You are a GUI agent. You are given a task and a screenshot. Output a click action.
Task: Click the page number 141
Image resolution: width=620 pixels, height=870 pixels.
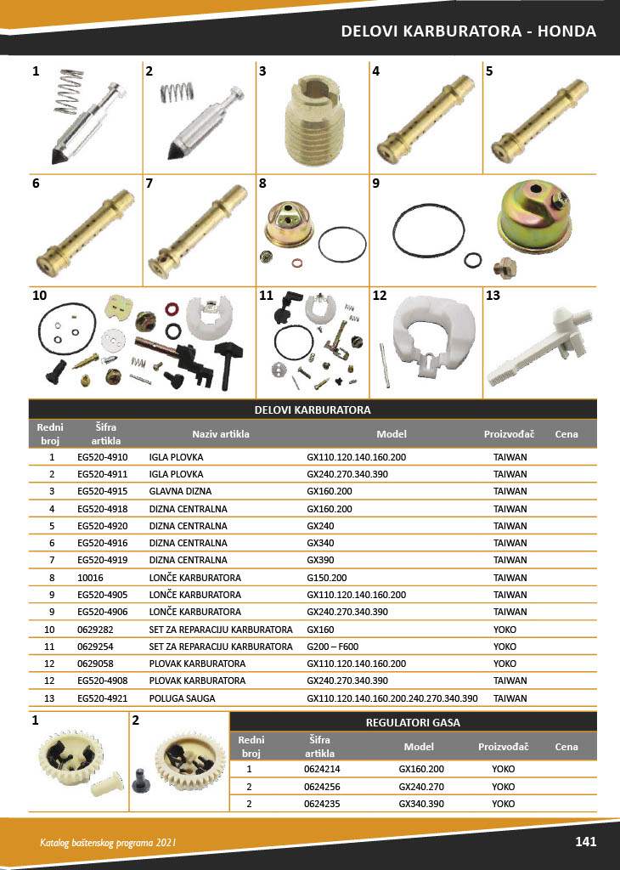coord(585,842)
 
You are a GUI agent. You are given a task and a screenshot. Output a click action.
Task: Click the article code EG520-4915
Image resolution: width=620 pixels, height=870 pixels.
coord(102,491)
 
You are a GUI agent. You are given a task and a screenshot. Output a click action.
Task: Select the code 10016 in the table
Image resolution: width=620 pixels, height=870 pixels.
coord(89,577)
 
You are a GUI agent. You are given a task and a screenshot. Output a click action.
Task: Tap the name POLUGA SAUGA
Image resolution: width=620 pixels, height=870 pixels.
coord(182,698)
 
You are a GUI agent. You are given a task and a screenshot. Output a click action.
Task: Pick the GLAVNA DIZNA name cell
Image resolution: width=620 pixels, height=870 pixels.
coord(180,491)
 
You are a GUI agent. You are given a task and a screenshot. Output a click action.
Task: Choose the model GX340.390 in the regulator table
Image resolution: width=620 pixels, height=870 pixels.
coord(418,804)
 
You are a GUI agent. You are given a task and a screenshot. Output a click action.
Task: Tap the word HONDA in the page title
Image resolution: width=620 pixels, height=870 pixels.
coord(566,31)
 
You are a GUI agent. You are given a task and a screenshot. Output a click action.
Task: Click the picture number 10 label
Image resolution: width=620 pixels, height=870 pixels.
coord(39,297)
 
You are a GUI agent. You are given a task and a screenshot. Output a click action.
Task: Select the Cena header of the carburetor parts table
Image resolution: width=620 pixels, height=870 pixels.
coord(566,434)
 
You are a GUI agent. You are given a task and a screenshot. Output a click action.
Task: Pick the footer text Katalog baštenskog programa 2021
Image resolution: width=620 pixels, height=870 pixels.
coord(108,843)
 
